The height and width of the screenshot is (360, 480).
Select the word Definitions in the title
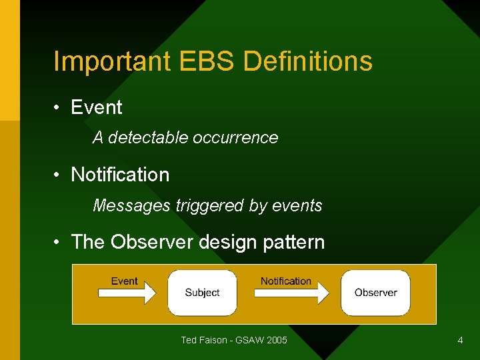point(308,61)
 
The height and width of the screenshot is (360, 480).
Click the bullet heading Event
point(97,107)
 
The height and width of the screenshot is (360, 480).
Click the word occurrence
point(235,137)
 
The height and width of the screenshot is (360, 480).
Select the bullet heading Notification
point(120,175)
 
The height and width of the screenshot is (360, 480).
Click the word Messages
point(131,205)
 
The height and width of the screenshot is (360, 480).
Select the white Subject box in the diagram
point(202,293)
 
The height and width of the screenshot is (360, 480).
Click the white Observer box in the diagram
point(375,293)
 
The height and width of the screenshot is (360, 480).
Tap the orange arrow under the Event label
point(126,293)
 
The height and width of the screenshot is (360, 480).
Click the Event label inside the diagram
point(124,281)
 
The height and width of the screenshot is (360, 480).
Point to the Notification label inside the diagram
point(285,281)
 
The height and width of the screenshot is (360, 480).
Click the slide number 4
point(460,341)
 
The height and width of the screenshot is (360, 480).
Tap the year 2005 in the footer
point(276,341)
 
